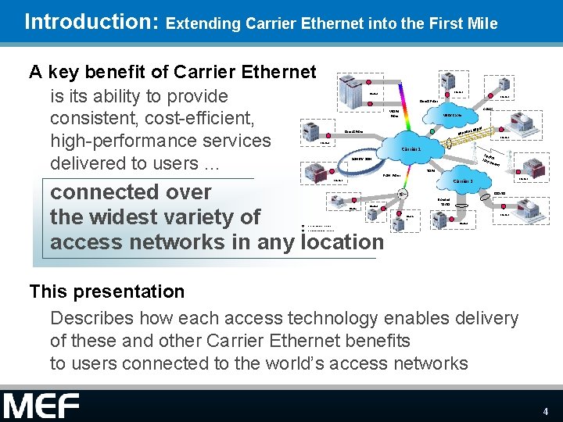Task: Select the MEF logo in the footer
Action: pos(41,406)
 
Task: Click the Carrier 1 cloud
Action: pos(412,149)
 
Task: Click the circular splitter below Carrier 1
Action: pos(401,194)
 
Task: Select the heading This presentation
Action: pos(107,291)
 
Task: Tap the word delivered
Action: pos(88,163)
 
